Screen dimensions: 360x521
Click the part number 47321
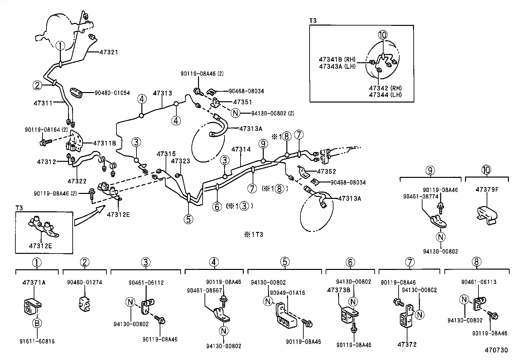pyautogui.click(x=108, y=52)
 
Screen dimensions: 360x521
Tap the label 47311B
pyautogui.click(x=104, y=143)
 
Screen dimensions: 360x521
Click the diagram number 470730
pyautogui.click(x=496, y=350)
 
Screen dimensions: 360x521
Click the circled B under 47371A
pyautogui.click(x=37, y=323)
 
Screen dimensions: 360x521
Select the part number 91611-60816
pyautogui.click(x=37, y=341)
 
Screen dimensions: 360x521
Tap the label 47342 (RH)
pyautogui.click(x=385, y=88)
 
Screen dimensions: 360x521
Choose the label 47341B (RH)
pyautogui.click(x=337, y=59)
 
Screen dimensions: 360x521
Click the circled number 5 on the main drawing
pyautogui.click(x=189, y=219)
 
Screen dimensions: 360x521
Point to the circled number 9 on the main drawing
pyautogui.click(x=262, y=143)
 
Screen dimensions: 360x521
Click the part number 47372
pyautogui.click(x=407, y=345)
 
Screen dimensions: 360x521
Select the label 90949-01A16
pyautogui.click(x=287, y=293)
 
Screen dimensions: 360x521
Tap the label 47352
pyautogui.click(x=327, y=171)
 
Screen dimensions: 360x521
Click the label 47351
pyautogui.click(x=243, y=102)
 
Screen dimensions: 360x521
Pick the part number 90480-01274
pyautogui.click(x=85, y=282)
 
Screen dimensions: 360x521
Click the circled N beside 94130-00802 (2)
pyautogui.click(x=235, y=113)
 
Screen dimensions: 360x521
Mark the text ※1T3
pyautogui.click(x=253, y=235)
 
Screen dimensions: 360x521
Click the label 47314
pyautogui.click(x=241, y=149)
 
